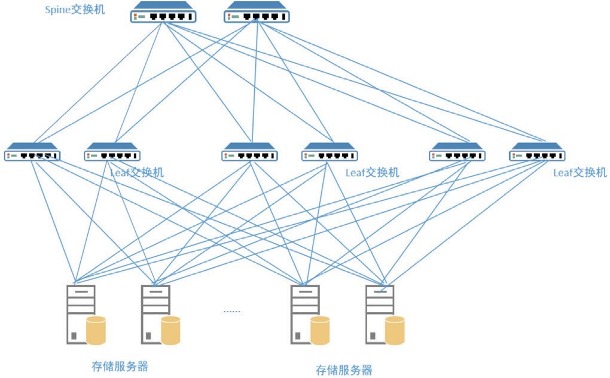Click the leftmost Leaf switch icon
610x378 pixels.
tap(32, 153)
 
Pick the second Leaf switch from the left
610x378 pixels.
tap(112, 153)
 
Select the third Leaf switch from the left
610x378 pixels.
tap(250, 153)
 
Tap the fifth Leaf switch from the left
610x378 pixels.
tap(457, 153)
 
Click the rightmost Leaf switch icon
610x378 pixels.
tap(537, 153)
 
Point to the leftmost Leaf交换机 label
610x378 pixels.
tap(137, 173)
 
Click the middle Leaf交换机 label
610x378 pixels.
tap(372, 173)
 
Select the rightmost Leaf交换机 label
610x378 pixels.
tap(580, 173)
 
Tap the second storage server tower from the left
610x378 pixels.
tap(155, 314)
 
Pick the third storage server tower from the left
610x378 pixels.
tap(304, 314)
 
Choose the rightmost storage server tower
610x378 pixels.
tap(379, 314)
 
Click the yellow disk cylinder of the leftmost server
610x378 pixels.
tap(96, 331)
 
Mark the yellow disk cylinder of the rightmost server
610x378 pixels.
tap(395, 331)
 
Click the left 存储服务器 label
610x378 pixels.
tap(120, 366)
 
